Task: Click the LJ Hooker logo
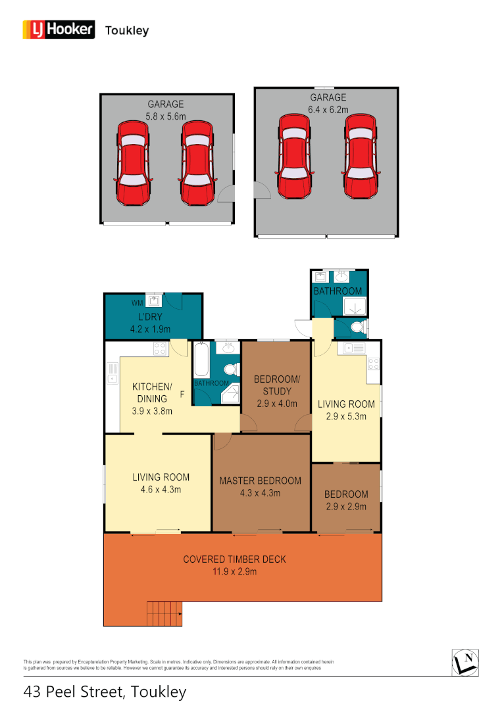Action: pos(59,30)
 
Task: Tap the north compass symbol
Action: pos(465,661)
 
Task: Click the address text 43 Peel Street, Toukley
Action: pos(105,692)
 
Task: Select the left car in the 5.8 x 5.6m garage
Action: pos(133,162)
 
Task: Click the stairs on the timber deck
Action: pos(164,614)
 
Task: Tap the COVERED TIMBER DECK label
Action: pos(234,565)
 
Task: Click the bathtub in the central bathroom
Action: pos(201,360)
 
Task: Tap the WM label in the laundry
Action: pos(137,303)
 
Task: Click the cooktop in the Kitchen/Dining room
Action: pos(160,349)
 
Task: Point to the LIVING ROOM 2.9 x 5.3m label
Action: pos(346,410)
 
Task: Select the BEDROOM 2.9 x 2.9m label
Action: pos(345,500)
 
